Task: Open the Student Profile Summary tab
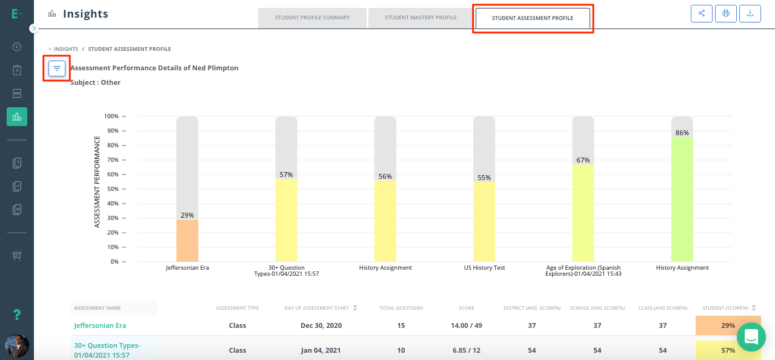[312, 18]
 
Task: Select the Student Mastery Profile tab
[421, 18]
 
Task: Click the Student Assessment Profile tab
[532, 18]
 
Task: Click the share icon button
[702, 13]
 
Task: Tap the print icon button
[726, 13]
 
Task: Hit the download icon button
[750, 13]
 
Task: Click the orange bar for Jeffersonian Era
[187, 241]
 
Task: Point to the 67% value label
[583, 160]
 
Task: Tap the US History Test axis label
[484, 268]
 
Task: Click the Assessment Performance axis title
[97, 182]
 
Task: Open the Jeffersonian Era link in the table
[100, 325]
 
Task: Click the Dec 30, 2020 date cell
[321, 325]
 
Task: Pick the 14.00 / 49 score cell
[467, 325]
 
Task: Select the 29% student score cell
[728, 325]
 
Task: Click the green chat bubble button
[751, 337]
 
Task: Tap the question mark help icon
[17, 315]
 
